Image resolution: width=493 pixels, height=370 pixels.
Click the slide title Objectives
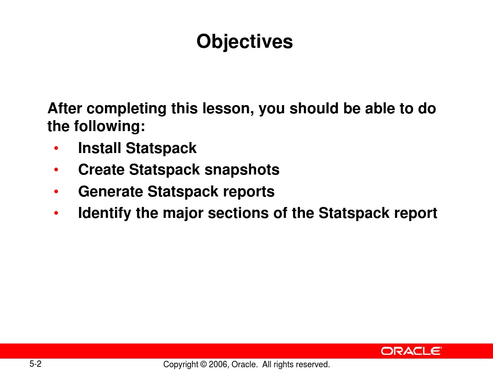pyautogui.click(x=245, y=42)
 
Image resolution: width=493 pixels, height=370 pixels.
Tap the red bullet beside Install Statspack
pyautogui.click(x=56, y=148)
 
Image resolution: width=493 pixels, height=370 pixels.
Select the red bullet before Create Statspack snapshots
pyautogui.click(x=56, y=170)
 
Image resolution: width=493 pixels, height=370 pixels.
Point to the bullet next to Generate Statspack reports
pyautogui.click(x=56, y=191)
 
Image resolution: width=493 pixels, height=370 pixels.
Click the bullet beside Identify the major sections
pyautogui.click(x=56, y=213)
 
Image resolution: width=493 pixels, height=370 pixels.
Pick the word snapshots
pyautogui.click(x=242, y=170)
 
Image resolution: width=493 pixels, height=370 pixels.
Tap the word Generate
pyautogui.click(x=110, y=191)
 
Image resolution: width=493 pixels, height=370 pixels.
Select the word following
pyautogui.click(x=110, y=127)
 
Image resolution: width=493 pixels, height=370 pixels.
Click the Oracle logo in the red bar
pyautogui.click(x=412, y=351)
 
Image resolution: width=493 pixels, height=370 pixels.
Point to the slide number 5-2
pyautogui.click(x=36, y=364)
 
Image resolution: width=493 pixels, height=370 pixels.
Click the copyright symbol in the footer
pyautogui.click(x=203, y=365)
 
